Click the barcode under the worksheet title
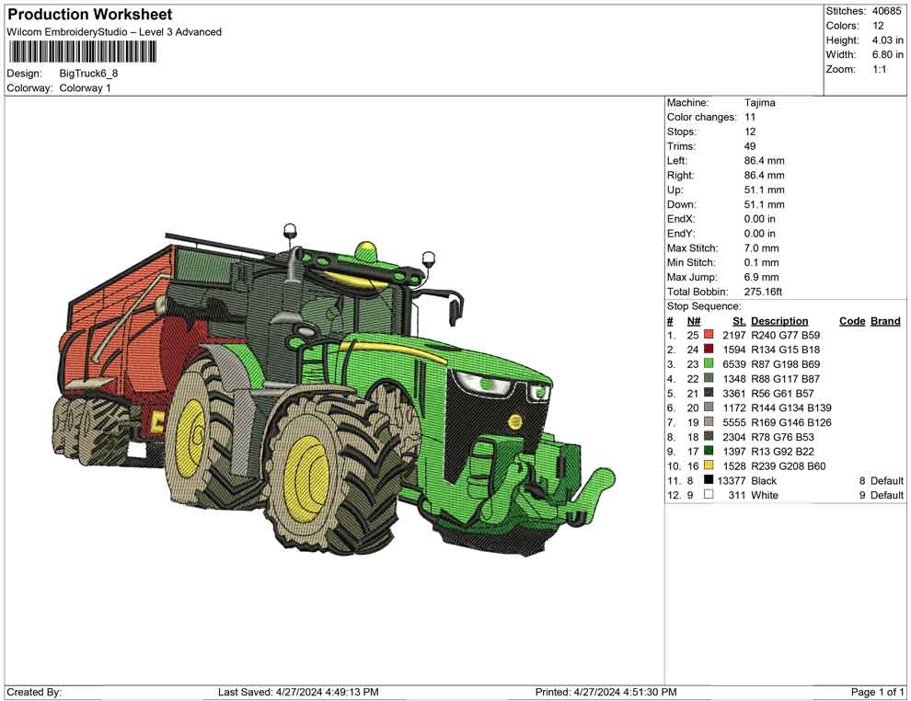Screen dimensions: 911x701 pos(82,52)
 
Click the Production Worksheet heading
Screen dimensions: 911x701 pos(90,15)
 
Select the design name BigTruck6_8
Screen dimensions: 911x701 pos(88,74)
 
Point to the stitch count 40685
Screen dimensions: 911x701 pos(886,11)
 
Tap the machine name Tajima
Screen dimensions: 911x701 pos(759,103)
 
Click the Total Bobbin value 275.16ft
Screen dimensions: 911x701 pos(763,292)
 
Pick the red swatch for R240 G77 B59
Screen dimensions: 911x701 pos(709,335)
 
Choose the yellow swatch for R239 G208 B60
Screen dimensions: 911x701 pos(709,465)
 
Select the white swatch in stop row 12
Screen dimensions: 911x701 pos(709,495)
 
